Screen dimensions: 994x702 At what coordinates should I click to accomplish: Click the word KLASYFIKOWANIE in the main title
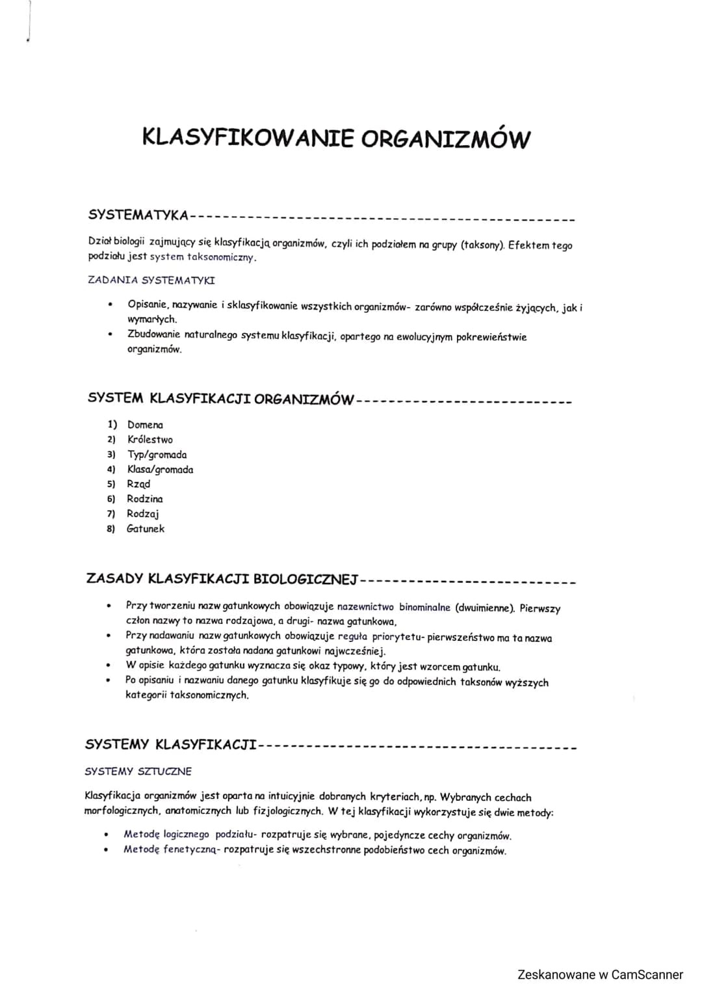pos(248,138)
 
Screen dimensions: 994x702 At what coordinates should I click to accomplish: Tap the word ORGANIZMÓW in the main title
pos(446,139)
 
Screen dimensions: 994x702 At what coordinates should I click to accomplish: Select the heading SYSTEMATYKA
pos(138,215)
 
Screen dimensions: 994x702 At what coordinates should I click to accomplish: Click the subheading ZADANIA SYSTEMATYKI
pos(151,280)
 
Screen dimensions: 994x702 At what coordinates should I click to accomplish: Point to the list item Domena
pos(145,425)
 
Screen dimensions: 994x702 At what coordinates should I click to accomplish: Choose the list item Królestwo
pos(149,440)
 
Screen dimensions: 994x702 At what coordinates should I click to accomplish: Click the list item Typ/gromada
pos(157,455)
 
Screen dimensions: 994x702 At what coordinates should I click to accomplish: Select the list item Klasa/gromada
pos(160,470)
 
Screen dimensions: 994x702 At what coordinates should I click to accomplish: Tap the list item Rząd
pos(138,484)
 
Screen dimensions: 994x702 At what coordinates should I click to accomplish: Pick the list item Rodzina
pos(145,499)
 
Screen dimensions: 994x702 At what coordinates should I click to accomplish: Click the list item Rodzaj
pos(143,514)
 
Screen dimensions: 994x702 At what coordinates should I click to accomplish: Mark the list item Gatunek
pos(146,529)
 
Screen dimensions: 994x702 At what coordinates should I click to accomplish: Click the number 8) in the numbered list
pos(111,529)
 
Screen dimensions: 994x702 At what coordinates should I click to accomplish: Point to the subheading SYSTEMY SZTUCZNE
pos(138,772)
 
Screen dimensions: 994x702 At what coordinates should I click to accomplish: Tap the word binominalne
pos(424,608)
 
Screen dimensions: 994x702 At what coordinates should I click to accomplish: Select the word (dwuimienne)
pos(485,608)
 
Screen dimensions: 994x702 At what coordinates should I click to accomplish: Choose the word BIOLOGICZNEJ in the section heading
pos(305,578)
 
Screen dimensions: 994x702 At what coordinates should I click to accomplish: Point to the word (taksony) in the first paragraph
pos(482,245)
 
